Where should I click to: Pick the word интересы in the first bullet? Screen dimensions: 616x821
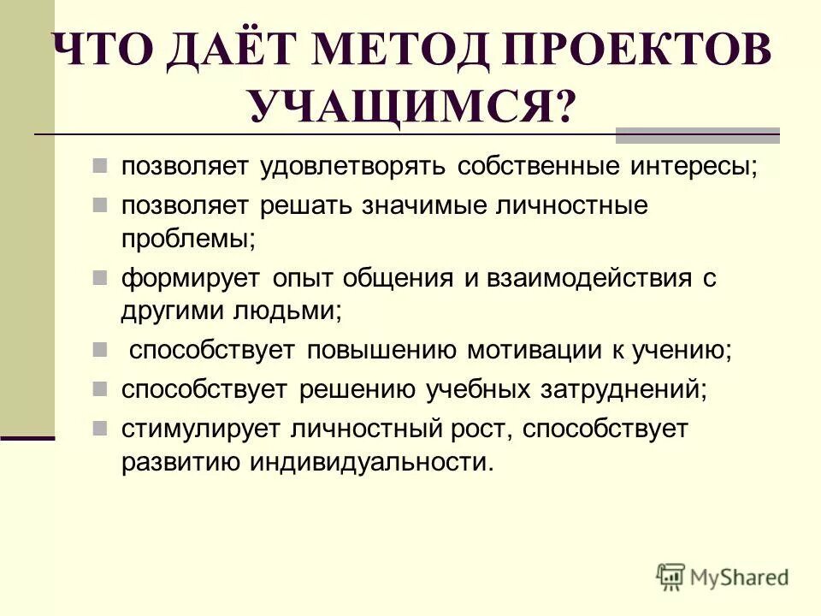(x=694, y=164)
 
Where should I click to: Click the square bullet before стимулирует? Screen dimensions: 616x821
(x=100, y=427)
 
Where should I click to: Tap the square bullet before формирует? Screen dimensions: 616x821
(x=100, y=276)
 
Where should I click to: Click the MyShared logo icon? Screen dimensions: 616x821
(x=671, y=577)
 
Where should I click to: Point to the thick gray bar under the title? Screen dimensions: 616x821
(x=697, y=134)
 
